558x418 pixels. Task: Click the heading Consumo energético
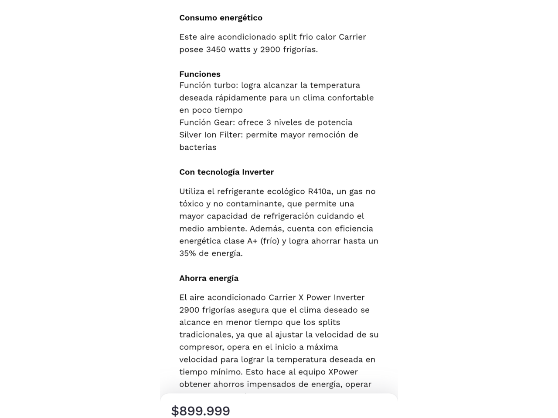click(221, 18)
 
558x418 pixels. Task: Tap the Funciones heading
click(200, 74)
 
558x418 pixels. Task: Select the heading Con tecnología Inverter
click(226, 172)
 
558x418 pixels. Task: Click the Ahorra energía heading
click(209, 278)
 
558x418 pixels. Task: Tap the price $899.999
click(201, 411)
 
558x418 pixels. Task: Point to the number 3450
click(216, 50)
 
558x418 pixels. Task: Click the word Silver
click(191, 135)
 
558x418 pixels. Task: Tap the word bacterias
click(197, 147)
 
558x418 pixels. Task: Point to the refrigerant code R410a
click(320, 192)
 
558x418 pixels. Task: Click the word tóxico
click(191, 204)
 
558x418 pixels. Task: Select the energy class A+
click(252, 241)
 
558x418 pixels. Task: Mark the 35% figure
click(188, 253)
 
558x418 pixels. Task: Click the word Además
click(266, 229)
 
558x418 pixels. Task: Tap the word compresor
click(202, 347)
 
